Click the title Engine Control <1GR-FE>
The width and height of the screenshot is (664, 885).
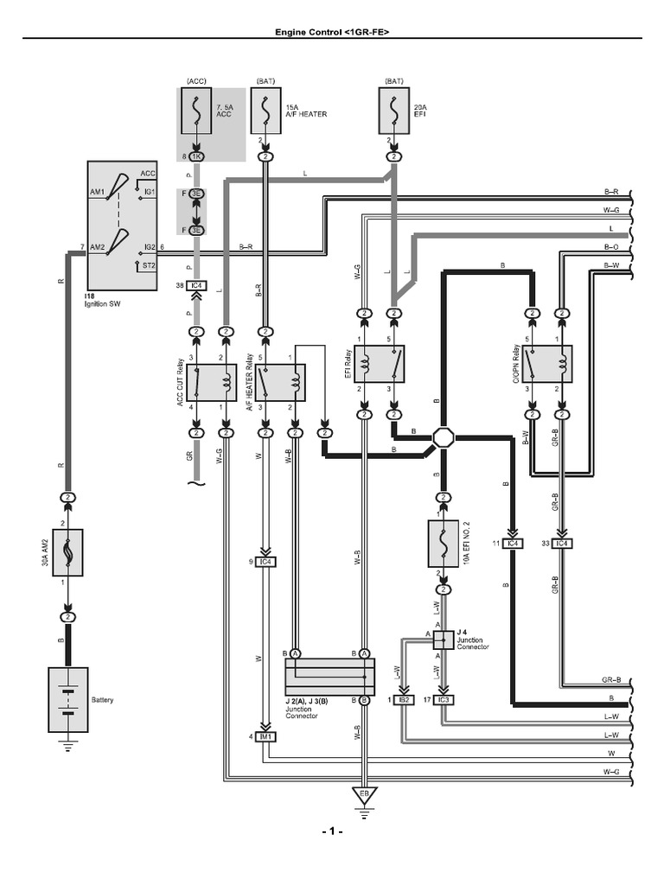tap(332, 31)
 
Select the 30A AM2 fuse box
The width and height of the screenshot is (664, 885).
tap(67, 553)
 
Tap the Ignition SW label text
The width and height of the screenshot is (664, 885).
tap(103, 305)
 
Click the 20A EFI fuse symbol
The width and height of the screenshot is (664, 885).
tap(394, 111)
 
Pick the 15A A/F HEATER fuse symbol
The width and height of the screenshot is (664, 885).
tap(265, 111)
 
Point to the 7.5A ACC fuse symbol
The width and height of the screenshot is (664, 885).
tap(196, 111)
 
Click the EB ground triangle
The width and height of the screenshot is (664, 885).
tap(363, 793)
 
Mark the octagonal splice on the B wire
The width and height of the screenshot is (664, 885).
tap(444, 438)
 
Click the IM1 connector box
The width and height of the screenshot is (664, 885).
tap(265, 736)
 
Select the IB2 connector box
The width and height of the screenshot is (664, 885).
tap(403, 698)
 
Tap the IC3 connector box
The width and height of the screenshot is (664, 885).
tap(444, 698)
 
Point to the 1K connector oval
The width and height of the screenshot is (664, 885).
tap(196, 156)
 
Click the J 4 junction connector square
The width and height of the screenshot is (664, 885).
tap(440, 639)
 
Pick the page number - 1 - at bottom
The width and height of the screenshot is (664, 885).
tap(332, 831)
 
